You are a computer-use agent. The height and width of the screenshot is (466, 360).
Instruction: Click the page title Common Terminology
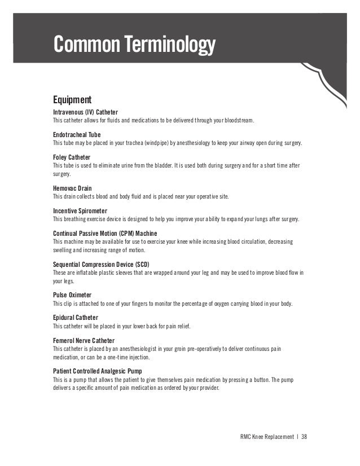134,43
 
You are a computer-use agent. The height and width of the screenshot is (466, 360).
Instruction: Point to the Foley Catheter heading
71,157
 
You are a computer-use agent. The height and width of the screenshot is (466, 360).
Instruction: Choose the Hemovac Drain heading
72,187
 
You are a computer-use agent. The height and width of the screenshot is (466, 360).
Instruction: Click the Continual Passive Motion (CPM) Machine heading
105,233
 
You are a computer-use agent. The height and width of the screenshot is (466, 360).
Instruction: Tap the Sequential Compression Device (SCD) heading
104,263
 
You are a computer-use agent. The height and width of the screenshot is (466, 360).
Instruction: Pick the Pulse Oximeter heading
72,294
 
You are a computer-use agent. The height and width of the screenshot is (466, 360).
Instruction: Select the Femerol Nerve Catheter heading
84,340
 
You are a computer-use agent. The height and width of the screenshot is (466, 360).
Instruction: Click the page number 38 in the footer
305,436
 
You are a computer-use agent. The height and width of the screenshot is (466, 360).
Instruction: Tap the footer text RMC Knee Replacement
267,436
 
